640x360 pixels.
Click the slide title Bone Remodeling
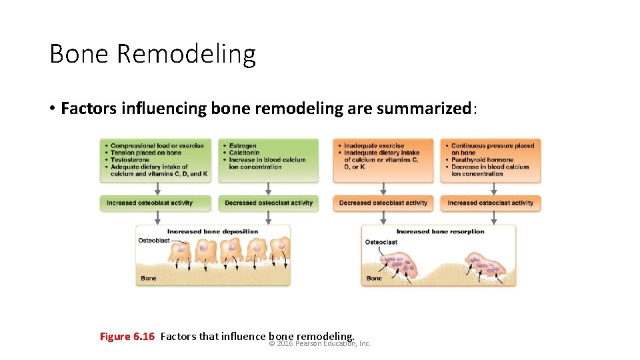(152, 54)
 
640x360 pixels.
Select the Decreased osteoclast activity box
(269, 203)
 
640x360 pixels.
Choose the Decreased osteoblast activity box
(383, 203)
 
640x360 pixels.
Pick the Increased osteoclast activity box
(491, 203)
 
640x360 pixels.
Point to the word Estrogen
(243, 146)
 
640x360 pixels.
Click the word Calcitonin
(245, 153)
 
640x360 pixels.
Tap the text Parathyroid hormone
(482, 160)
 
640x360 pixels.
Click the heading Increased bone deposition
(213, 231)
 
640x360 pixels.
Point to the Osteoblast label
(153, 240)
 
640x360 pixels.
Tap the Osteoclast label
(381, 242)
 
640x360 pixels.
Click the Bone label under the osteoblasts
(149, 278)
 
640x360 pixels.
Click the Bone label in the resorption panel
(374, 278)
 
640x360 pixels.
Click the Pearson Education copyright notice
(319, 344)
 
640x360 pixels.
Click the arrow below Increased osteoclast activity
(494, 218)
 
